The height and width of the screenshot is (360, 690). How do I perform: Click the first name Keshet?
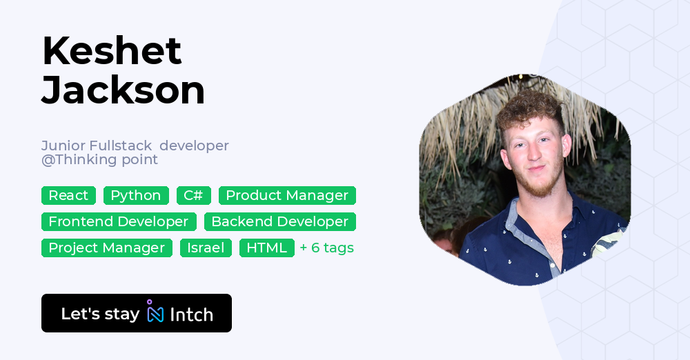[x=112, y=51]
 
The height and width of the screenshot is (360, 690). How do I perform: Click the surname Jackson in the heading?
[x=124, y=90]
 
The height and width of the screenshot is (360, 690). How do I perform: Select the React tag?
[x=68, y=195]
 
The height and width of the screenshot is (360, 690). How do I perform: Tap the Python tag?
[x=136, y=195]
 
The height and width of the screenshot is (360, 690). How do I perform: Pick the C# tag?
[x=194, y=195]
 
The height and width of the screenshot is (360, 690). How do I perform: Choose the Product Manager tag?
[x=287, y=195]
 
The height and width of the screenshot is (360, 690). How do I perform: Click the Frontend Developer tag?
[x=119, y=221]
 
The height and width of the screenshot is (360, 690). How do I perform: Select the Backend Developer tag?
[x=280, y=221]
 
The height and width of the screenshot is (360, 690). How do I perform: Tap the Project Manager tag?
[x=107, y=248]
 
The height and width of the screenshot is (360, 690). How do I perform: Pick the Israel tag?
[x=206, y=248]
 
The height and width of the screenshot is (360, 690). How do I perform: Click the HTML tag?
[x=266, y=248]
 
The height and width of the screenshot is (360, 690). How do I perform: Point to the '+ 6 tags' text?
[x=327, y=248]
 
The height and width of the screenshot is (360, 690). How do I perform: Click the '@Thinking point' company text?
[x=99, y=160]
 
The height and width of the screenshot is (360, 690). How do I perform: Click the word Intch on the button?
[x=191, y=314]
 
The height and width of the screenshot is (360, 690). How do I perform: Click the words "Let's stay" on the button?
[x=100, y=314]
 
